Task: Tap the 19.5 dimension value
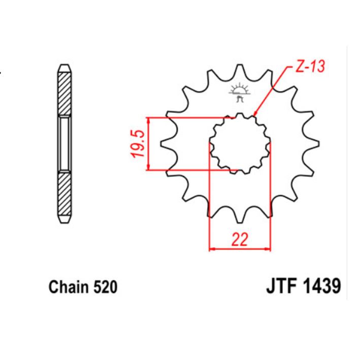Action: point(140,144)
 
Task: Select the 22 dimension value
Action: point(240,240)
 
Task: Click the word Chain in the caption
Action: point(69,287)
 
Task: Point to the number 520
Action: point(105,287)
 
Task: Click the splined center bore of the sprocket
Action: point(240,144)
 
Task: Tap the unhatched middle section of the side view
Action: point(64,144)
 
